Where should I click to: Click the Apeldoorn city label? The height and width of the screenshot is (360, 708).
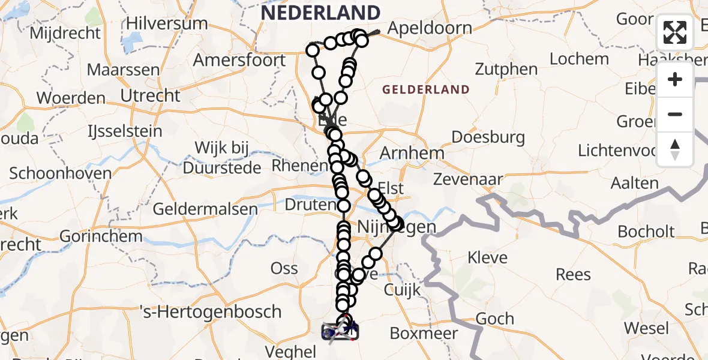tap(430, 28)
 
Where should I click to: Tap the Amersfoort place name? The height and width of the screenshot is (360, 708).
tap(239, 60)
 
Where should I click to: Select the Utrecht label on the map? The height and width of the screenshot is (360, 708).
tap(150, 95)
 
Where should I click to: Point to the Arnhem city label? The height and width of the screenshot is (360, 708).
tap(412, 152)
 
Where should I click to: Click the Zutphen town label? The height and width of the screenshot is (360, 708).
tap(506, 69)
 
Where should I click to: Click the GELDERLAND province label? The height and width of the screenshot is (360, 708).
tap(426, 90)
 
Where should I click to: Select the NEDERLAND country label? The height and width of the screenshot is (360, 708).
tap(321, 13)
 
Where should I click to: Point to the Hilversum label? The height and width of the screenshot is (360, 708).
tap(167, 24)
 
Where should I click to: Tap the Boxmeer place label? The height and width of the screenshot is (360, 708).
tap(424, 333)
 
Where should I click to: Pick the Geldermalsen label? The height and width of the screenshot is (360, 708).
tap(205, 209)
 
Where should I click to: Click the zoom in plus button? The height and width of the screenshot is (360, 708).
tap(675, 79)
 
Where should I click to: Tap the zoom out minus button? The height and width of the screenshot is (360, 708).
tap(675, 114)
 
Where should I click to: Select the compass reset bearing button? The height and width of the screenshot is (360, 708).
tap(675, 149)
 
